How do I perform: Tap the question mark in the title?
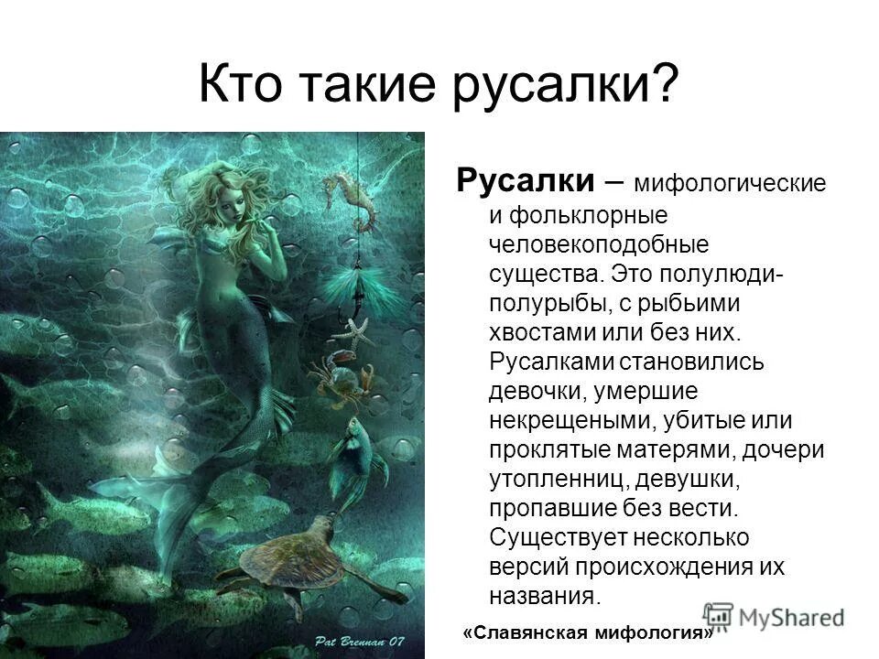click(x=665, y=87)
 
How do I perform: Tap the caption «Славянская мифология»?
click(x=590, y=633)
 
